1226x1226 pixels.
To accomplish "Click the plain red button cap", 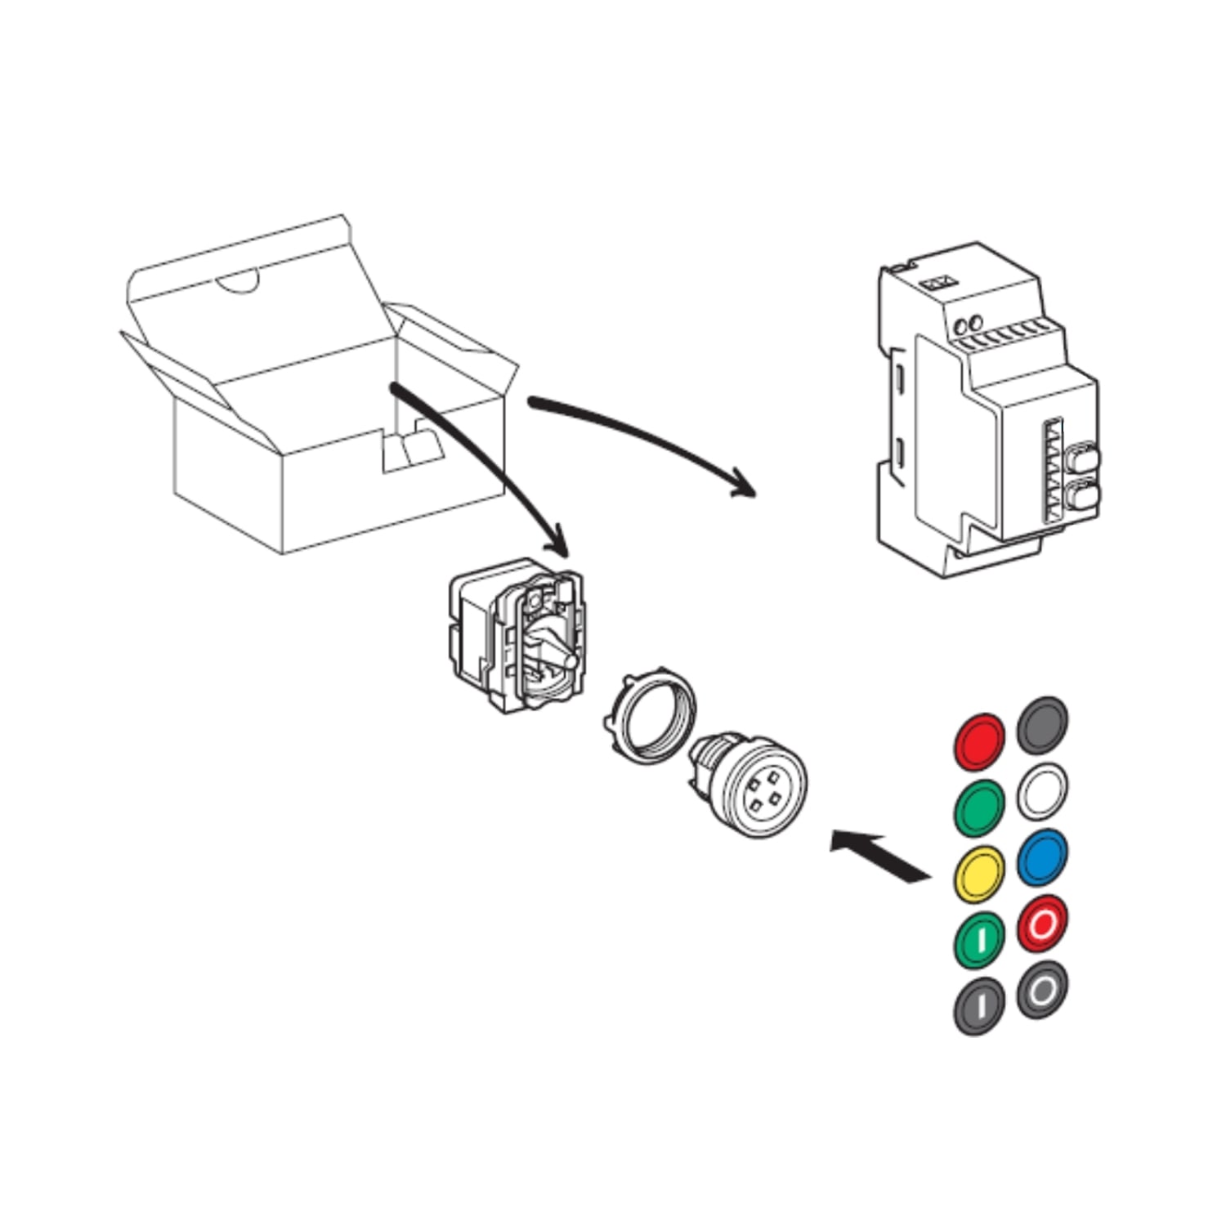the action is (x=979, y=741).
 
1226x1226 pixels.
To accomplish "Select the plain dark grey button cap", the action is (x=1042, y=725).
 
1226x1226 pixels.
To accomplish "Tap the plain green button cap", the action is (x=979, y=808).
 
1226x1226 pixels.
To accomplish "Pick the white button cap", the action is (x=1042, y=791).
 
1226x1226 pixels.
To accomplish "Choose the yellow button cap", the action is (x=979, y=874).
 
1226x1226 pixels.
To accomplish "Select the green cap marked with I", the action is (x=979, y=940).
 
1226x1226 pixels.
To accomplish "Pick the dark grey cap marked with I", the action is (x=979, y=1006).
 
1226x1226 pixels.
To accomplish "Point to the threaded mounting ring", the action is (x=650, y=719).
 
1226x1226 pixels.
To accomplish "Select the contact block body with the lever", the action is (x=517, y=637).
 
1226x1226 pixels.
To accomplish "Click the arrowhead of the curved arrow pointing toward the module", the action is (x=742, y=483).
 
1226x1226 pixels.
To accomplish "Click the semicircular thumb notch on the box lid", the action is (x=237, y=280).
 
